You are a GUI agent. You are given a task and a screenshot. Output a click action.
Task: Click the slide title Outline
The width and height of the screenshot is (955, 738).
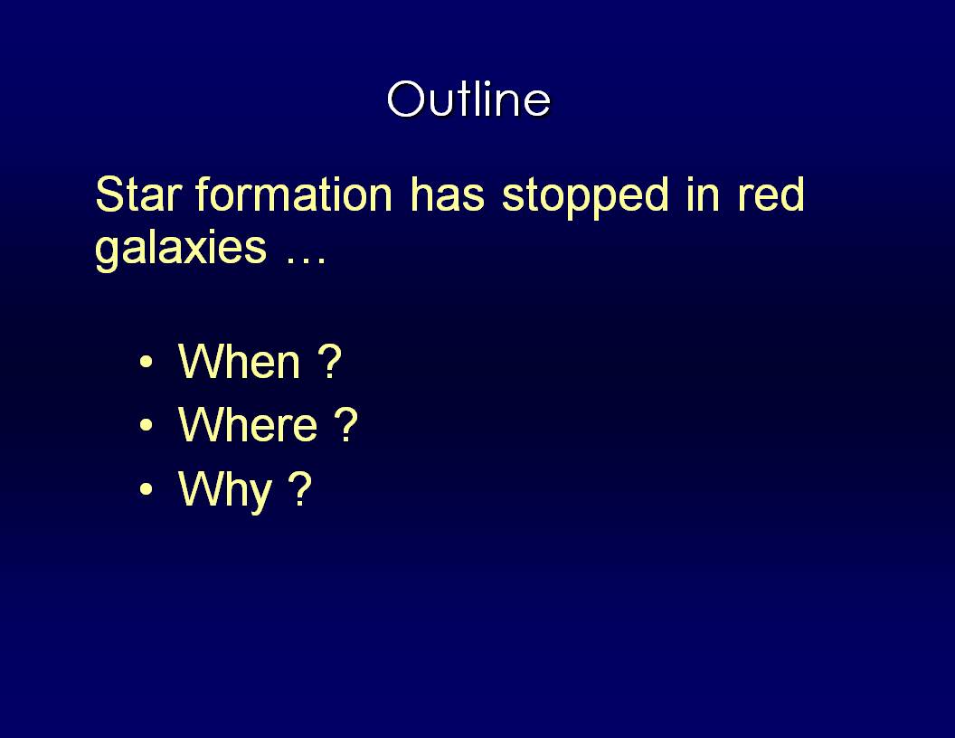click(469, 99)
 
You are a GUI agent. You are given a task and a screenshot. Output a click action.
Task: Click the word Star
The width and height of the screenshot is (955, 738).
click(138, 194)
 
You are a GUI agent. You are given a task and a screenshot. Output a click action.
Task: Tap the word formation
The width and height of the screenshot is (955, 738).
click(294, 194)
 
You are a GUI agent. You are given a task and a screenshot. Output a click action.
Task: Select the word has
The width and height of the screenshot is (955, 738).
click(447, 194)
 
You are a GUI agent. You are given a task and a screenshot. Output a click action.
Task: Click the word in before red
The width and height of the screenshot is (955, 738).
click(703, 194)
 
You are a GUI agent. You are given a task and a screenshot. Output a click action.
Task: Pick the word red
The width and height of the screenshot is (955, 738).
click(771, 194)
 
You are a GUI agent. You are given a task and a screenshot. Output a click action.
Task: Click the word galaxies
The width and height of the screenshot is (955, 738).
click(181, 250)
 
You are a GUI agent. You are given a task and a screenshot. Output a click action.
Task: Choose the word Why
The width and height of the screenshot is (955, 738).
click(225, 490)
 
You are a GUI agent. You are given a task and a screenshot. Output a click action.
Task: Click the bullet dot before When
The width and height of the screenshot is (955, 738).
click(147, 363)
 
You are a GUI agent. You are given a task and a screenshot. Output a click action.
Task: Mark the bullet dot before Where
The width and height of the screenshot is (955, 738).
click(147, 425)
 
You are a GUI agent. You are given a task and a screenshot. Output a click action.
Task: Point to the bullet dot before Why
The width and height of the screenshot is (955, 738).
click(147, 488)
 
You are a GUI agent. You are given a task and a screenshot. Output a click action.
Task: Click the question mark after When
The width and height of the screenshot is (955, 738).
click(329, 361)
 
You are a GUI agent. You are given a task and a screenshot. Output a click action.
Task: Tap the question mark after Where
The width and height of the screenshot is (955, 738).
click(346, 424)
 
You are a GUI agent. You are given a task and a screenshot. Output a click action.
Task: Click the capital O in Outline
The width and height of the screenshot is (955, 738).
click(405, 99)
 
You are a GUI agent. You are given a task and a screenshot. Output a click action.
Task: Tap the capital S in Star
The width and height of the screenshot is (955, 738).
click(109, 194)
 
